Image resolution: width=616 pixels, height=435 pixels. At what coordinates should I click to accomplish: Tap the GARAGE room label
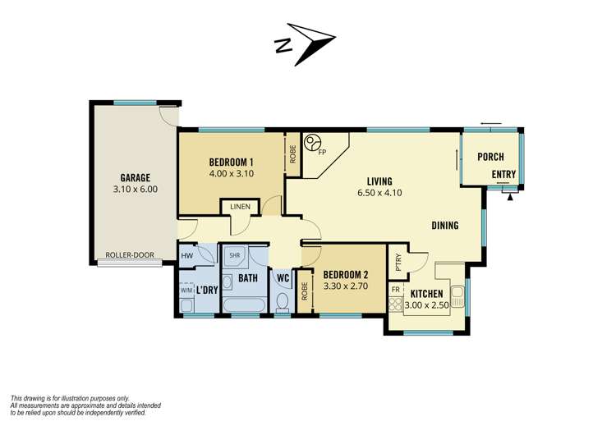coord(136,178)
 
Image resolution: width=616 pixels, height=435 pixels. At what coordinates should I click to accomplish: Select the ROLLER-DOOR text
coord(130,254)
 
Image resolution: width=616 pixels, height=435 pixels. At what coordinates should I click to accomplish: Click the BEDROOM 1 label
coord(231,162)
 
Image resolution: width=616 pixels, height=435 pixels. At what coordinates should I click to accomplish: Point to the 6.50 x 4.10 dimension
coord(379,193)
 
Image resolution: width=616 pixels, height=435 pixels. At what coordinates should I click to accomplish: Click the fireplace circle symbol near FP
coord(314,142)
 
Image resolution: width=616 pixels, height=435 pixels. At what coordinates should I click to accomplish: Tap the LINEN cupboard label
coord(241,207)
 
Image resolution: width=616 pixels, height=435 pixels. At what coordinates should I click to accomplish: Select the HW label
coord(187,256)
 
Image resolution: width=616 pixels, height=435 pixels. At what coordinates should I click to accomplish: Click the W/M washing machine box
coord(186,290)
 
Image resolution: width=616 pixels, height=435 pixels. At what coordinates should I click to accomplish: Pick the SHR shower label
coord(235,255)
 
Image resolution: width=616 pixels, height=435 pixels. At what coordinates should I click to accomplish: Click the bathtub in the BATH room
coord(245,305)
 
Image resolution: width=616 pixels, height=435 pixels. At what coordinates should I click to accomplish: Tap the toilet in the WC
coord(283,302)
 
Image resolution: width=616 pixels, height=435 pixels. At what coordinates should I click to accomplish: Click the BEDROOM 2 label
coord(346,275)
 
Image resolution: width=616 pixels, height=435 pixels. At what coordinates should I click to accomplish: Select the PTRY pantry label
coord(398,261)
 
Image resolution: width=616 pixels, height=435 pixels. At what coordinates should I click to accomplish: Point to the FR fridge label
coord(396,290)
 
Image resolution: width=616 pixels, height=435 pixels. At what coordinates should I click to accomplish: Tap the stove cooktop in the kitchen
coord(396,304)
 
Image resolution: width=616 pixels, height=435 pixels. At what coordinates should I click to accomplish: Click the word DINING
coord(445,226)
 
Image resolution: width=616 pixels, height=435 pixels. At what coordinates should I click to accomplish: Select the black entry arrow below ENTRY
coord(510,198)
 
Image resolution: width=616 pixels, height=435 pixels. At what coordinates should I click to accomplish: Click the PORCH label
coord(490,157)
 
